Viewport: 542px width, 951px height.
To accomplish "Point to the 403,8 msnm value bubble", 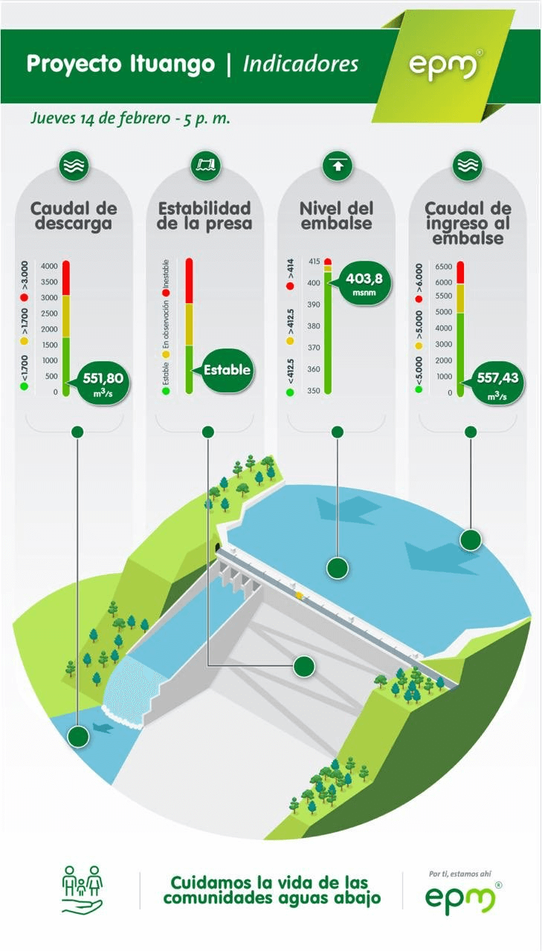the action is [x=362, y=284].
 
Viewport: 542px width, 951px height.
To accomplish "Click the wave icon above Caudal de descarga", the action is [x=74, y=165].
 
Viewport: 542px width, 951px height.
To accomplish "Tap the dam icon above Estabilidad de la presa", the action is [x=206, y=165].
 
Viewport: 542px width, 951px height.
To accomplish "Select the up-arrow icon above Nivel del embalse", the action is [x=338, y=165].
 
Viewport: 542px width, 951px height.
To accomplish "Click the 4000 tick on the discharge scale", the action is [x=49, y=266].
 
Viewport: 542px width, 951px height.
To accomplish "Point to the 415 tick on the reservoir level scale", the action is [x=314, y=262].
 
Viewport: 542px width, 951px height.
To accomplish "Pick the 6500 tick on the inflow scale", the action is [x=443, y=267].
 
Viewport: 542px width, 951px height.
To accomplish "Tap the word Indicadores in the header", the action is [x=300, y=65].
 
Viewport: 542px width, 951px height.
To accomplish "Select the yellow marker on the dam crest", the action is [x=300, y=595].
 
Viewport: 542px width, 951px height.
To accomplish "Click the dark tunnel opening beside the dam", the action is [x=218, y=546].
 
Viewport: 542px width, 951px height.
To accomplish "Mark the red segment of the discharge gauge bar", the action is [x=66, y=278].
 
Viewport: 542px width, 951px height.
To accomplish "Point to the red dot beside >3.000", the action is [x=25, y=298].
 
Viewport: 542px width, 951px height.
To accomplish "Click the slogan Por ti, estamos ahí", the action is [x=459, y=874].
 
